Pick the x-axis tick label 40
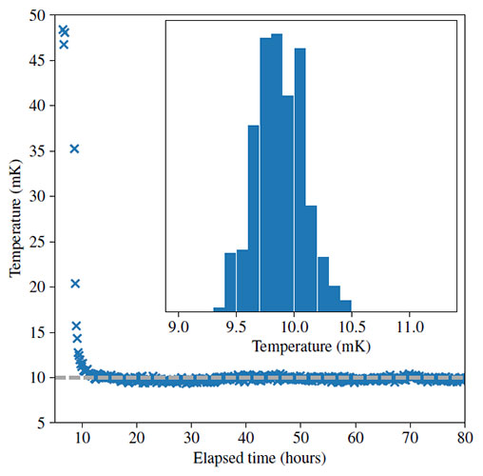point(246,439)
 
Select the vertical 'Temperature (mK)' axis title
point(14,219)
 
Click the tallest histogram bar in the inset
point(277,172)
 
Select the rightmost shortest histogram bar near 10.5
point(345,306)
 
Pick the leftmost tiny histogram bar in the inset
point(219,308)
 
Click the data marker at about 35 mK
point(74,149)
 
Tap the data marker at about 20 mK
point(75,284)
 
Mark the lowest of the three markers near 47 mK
point(64,44)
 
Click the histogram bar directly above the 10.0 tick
point(299,180)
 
